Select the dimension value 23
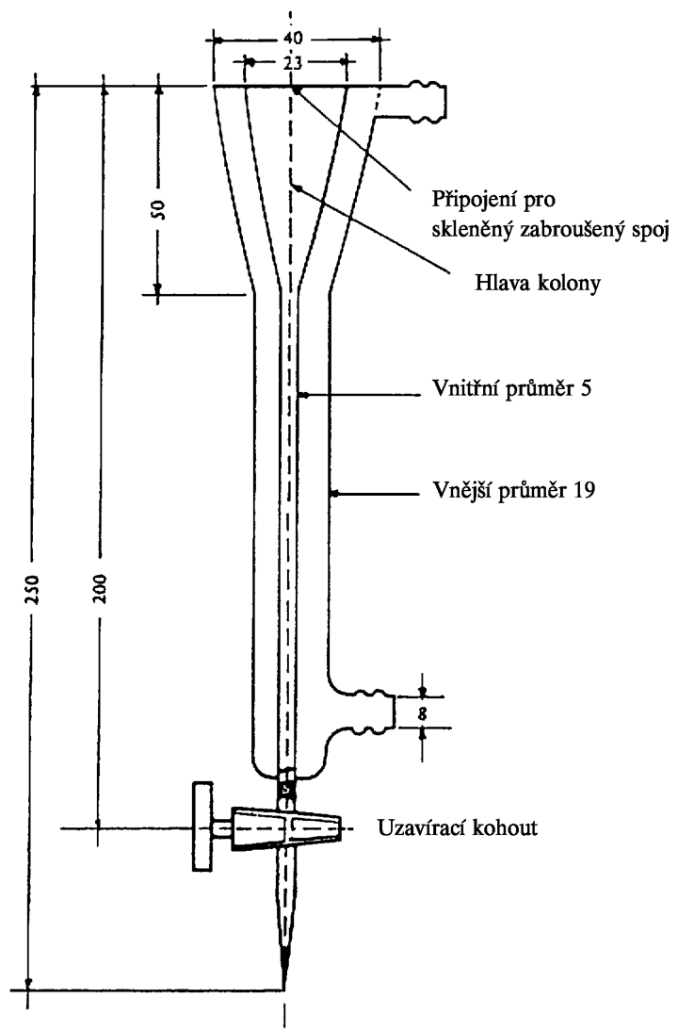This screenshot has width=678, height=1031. pyautogui.click(x=294, y=63)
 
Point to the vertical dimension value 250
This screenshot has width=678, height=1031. pyautogui.click(x=34, y=590)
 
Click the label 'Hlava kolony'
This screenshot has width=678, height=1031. pyautogui.click(x=538, y=284)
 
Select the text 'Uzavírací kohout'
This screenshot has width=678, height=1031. pyautogui.click(x=458, y=827)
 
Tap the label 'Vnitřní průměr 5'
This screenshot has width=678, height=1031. pyautogui.click(x=512, y=388)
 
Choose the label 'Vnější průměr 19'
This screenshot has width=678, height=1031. pyautogui.click(x=514, y=490)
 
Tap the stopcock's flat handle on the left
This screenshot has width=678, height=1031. pyautogui.click(x=203, y=827)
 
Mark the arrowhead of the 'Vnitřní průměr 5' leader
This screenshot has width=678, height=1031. pyautogui.click(x=303, y=395)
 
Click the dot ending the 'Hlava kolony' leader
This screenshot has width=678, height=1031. pyautogui.click(x=298, y=189)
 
